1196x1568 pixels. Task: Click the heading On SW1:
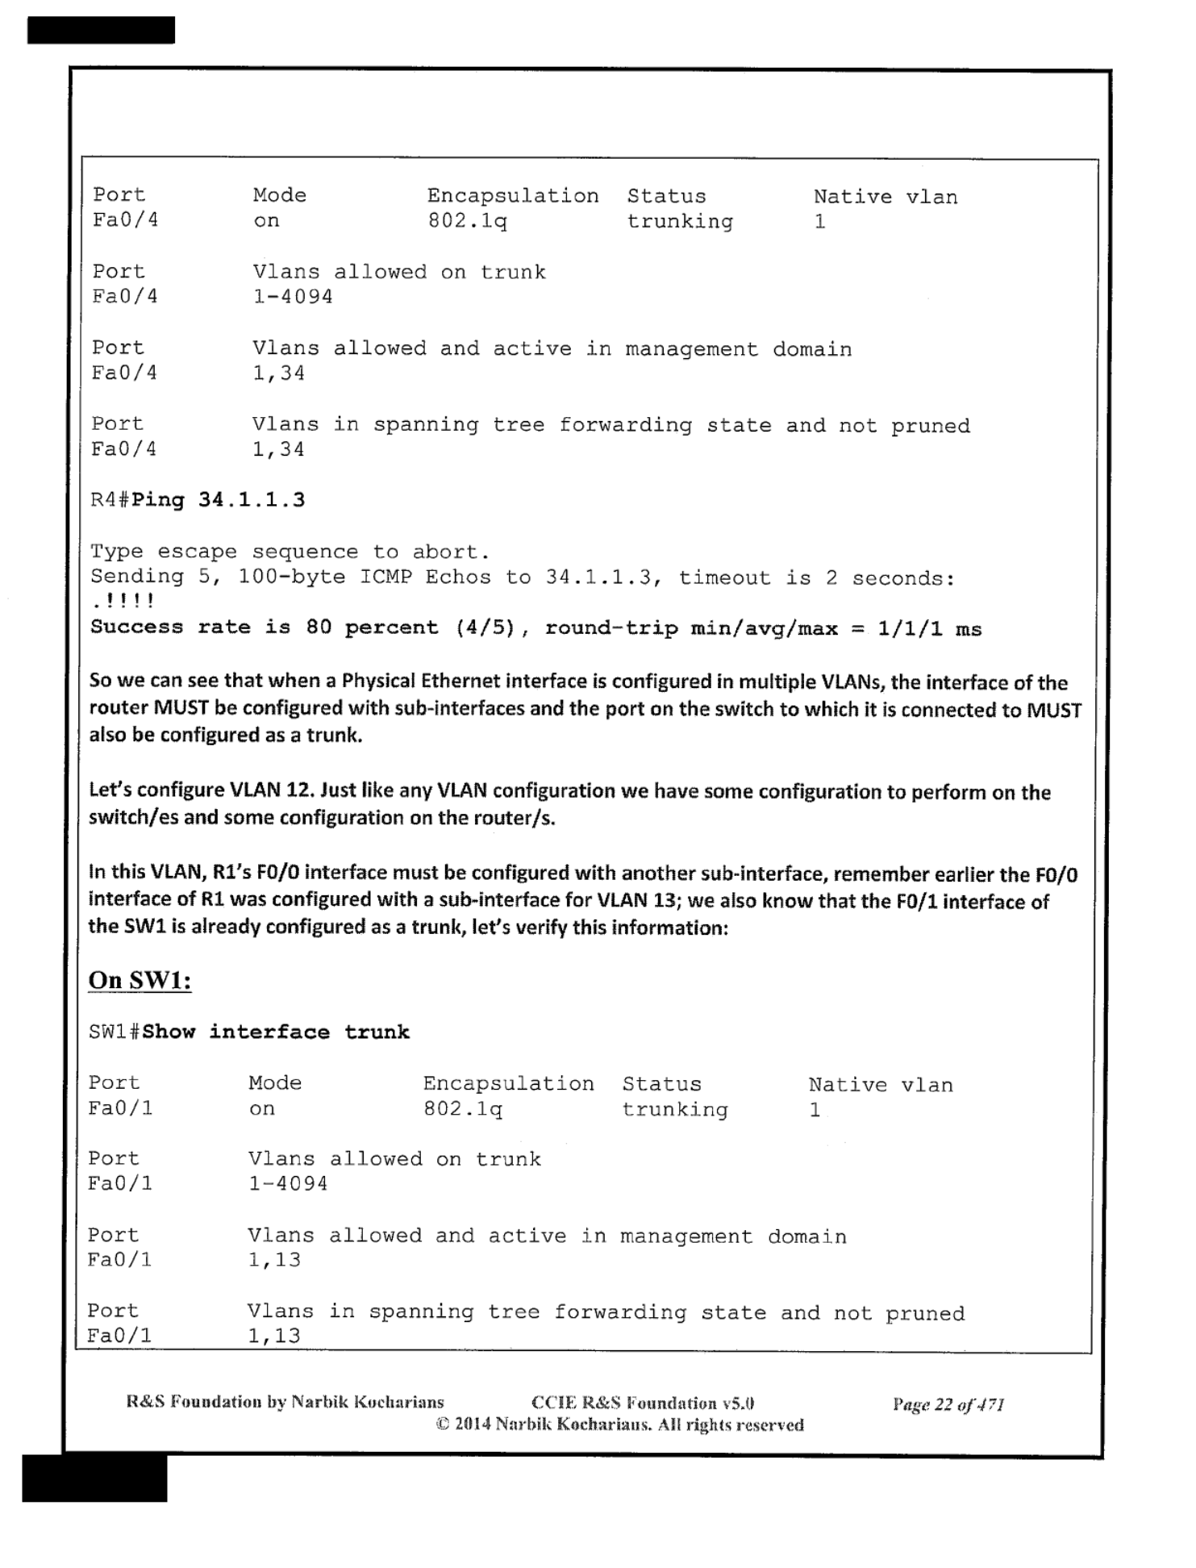tap(140, 980)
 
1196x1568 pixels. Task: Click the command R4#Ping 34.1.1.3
tap(198, 500)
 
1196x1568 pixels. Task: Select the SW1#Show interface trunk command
tap(249, 1032)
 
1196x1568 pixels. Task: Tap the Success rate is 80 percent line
tap(535, 628)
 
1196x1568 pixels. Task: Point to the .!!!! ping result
tap(123, 601)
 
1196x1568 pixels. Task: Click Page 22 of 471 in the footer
tap(948, 1404)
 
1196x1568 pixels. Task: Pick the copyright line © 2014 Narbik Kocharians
tap(619, 1424)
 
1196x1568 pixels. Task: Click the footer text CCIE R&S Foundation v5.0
tap(643, 1403)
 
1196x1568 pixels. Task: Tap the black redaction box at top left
tap(101, 30)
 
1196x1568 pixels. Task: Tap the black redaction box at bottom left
tap(94, 1478)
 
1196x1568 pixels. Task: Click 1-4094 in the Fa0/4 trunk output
tap(293, 297)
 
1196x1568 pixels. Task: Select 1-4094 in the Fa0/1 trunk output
tap(288, 1184)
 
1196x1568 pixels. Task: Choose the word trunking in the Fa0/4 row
tap(680, 222)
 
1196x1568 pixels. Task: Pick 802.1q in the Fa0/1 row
tap(463, 1109)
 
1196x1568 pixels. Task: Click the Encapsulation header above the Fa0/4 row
tap(513, 196)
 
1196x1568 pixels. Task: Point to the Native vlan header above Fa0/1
tap(881, 1085)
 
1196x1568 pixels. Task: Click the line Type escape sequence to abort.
tap(290, 553)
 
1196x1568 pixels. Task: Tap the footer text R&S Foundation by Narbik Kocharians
tap(285, 1402)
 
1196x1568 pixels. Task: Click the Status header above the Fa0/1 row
tap(661, 1084)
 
